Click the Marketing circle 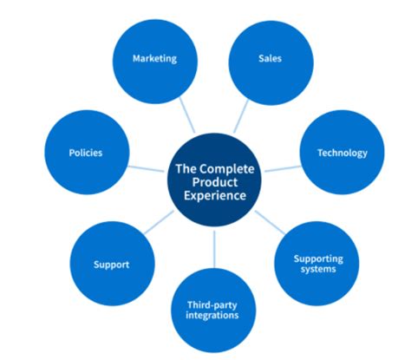154,59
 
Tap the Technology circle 341,154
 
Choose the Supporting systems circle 317,263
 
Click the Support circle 111,263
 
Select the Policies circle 86,154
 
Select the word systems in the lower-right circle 317,269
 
